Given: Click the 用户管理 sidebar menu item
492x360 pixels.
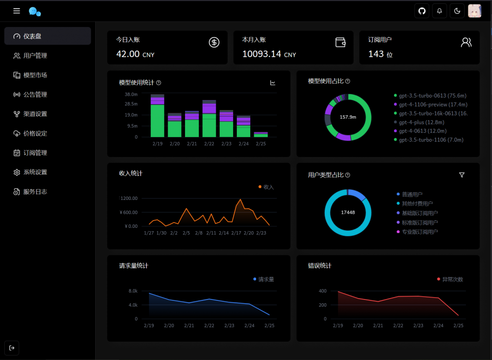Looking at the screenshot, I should click(x=35, y=56).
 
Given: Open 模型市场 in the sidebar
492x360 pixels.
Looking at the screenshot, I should click(x=35, y=75).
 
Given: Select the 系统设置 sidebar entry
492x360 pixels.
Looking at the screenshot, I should click(x=35, y=172).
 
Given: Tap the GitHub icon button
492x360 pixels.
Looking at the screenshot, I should click(x=422, y=11).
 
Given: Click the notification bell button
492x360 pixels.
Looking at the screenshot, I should click(x=439, y=11).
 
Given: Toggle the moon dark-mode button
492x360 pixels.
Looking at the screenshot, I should click(x=457, y=11).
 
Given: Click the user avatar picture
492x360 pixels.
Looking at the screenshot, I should click(x=475, y=11).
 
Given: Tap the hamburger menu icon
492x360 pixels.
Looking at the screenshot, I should click(x=17, y=11).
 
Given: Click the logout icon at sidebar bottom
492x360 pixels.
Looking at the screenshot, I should click(x=12, y=348).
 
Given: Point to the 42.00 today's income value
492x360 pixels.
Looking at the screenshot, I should click(x=128, y=54).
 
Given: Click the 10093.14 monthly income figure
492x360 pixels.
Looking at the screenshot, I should click(x=261, y=54).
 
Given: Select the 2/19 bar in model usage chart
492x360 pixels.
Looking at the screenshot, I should click(x=157, y=116).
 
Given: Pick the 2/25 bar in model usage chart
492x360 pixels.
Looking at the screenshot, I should click(x=261, y=135).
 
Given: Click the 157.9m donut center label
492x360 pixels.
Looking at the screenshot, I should click(x=347, y=117).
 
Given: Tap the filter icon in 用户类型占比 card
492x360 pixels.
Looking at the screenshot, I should click(x=462, y=175).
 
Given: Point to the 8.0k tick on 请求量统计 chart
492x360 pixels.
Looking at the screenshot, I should click(x=133, y=291).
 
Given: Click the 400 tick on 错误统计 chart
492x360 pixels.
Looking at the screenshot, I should click(x=322, y=291).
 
